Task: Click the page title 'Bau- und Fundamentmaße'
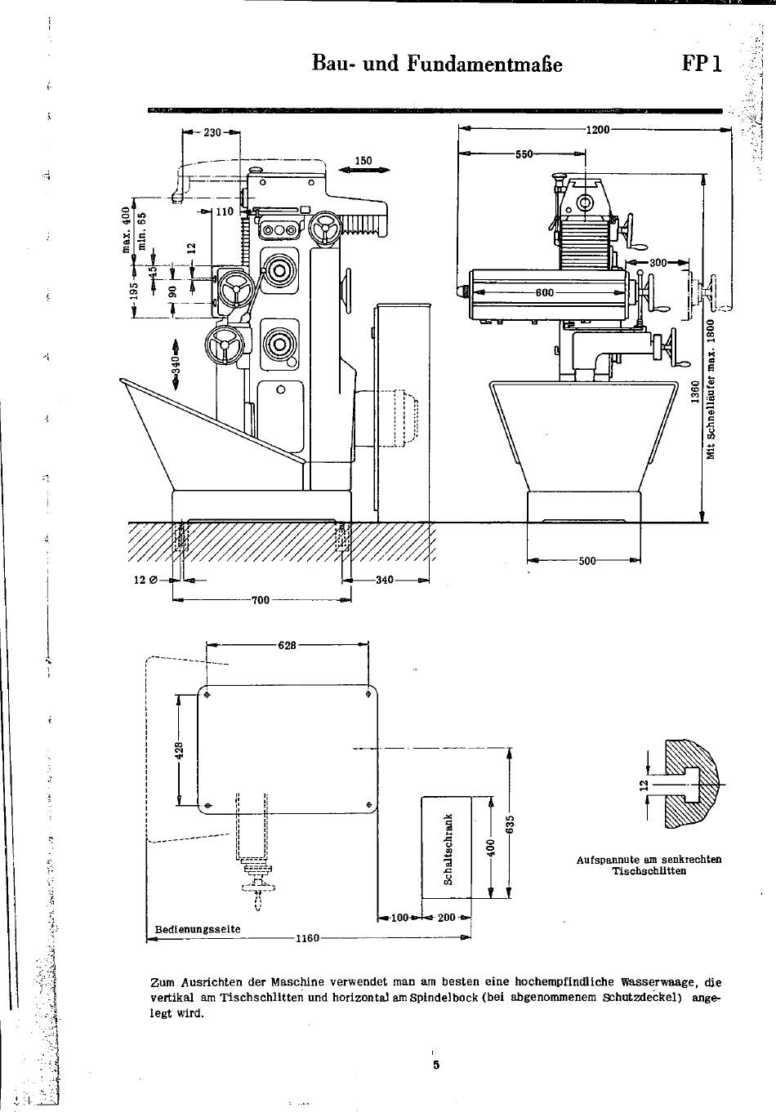pyautogui.click(x=437, y=64)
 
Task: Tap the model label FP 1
pyautogui.click(x=702, y=64)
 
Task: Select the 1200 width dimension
pyautogui.click(x=597, y=130)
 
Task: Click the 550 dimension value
pyautogui.click(x=524, y=153)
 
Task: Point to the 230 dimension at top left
pyautogui.click(x=212, y=132)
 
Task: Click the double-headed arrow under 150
pyautogui.click(x=363, y=170)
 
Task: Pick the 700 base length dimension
pyautogui.click(x=261, y=600)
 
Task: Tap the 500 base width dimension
pyautogui.click(x=587, y=561)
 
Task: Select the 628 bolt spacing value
pyautogui.click(x=288, y=645)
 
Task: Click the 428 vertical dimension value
pyautogui.click(x=180, y=749)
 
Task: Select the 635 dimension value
pyautogui.click(x=511, y=825)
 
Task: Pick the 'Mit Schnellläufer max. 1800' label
pyautogui.click(x=711, y=389)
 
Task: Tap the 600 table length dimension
pyautogui.click(x=545, y=292)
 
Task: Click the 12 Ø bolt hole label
pyautogui.click(x=145, y=580)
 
